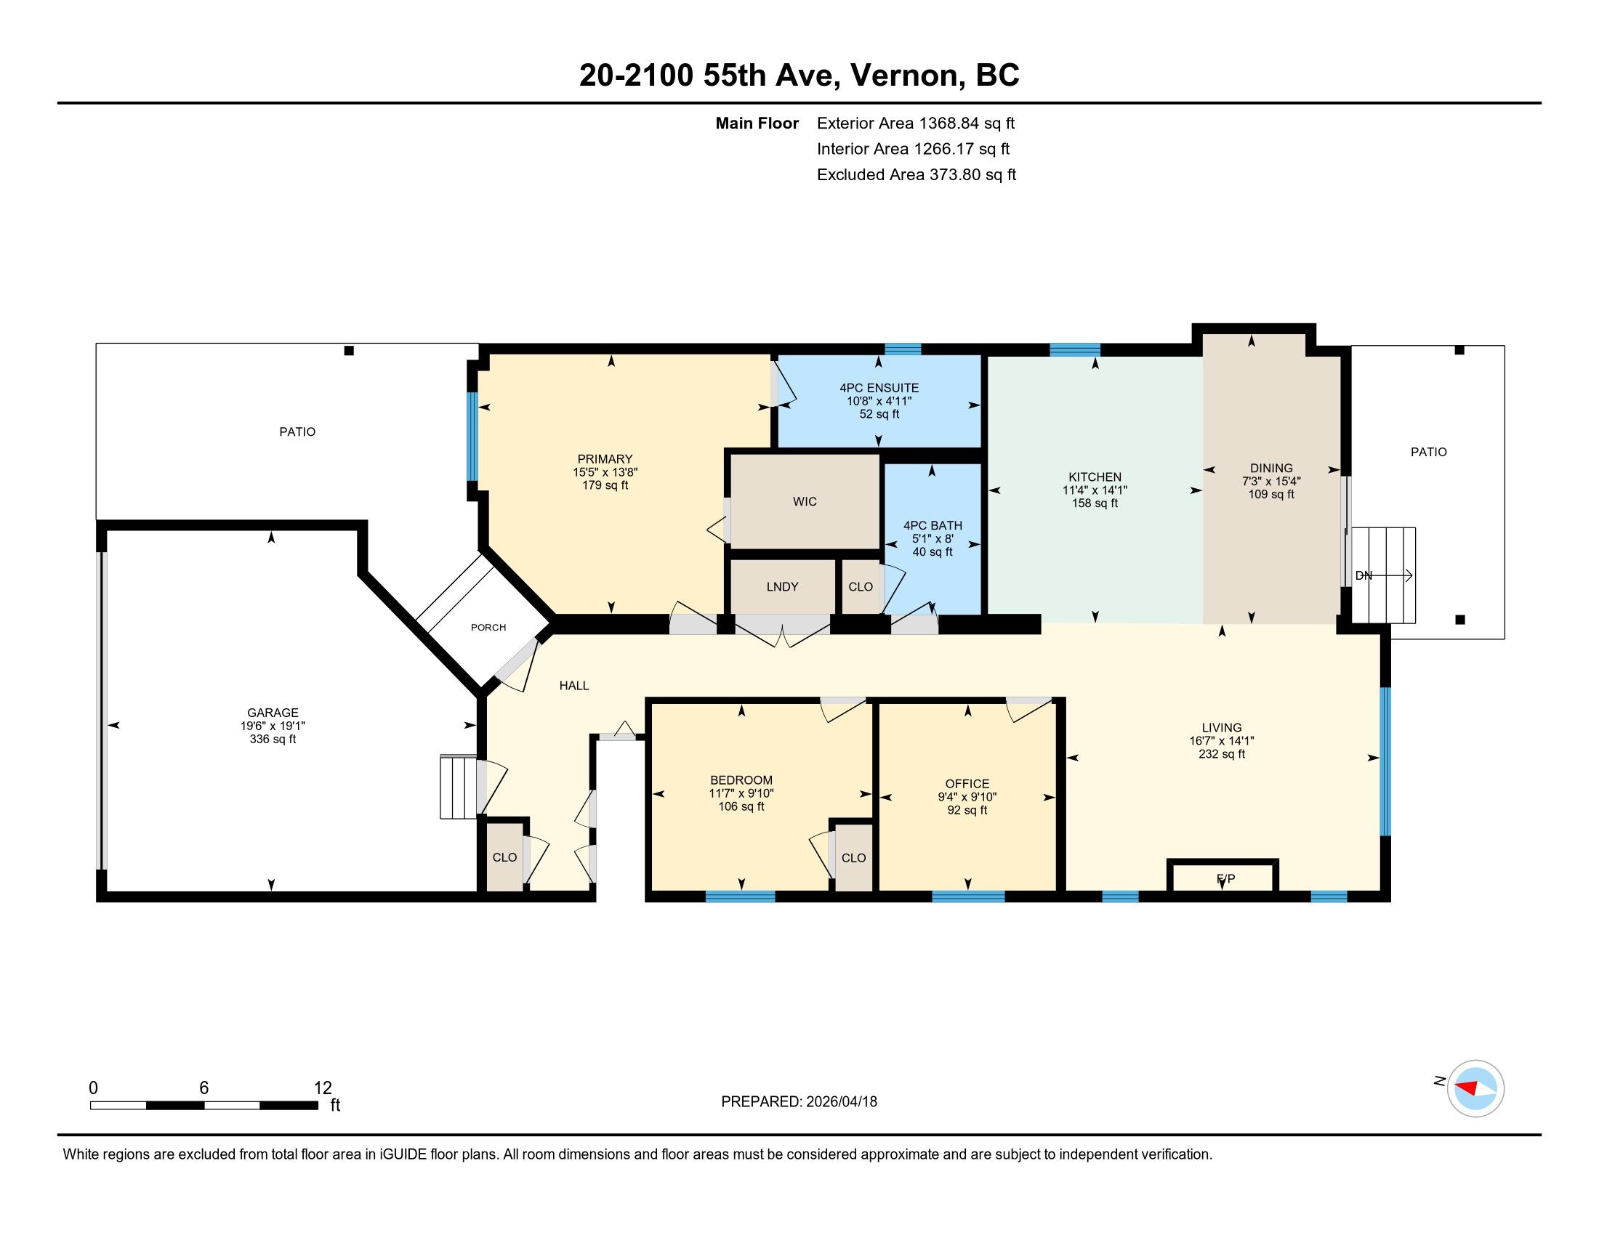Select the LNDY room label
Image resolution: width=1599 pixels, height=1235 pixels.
click(x=782, y=587)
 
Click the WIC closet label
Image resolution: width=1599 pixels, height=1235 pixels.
click(x=805, y=502)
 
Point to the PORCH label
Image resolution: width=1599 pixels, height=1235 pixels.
click(x=488, y=627)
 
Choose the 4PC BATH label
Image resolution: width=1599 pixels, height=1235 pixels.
click(x=933, y=525)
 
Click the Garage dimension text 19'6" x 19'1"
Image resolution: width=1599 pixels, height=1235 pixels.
click(x=273, y=726)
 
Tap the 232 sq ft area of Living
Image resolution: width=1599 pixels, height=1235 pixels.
click(x=1222, y=754)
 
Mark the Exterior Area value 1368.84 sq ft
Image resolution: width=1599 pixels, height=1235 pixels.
click(x=967, y=123)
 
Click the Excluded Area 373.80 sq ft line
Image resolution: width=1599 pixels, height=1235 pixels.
click(x=917, y=175)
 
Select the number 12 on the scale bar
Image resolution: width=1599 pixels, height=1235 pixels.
click(x=323, y=1088)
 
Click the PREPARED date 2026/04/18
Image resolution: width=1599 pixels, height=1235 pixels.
click(x=841, y=1102)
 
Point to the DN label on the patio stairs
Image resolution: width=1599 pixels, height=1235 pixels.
click(x=1364, y=576)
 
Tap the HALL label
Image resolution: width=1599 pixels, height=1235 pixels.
click(x=574, y=686)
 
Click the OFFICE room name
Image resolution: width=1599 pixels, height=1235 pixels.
click(x=967, y=784)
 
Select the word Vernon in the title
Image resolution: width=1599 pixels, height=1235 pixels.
click(x=905, y=76)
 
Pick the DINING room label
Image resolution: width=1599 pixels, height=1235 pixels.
click(x=1272, y=469)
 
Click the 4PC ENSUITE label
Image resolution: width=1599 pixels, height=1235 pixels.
click(x=879, y=388)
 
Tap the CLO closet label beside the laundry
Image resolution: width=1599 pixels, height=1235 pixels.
click(x=861, y=587)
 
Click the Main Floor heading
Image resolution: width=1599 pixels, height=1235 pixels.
click(x=757, y=123)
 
